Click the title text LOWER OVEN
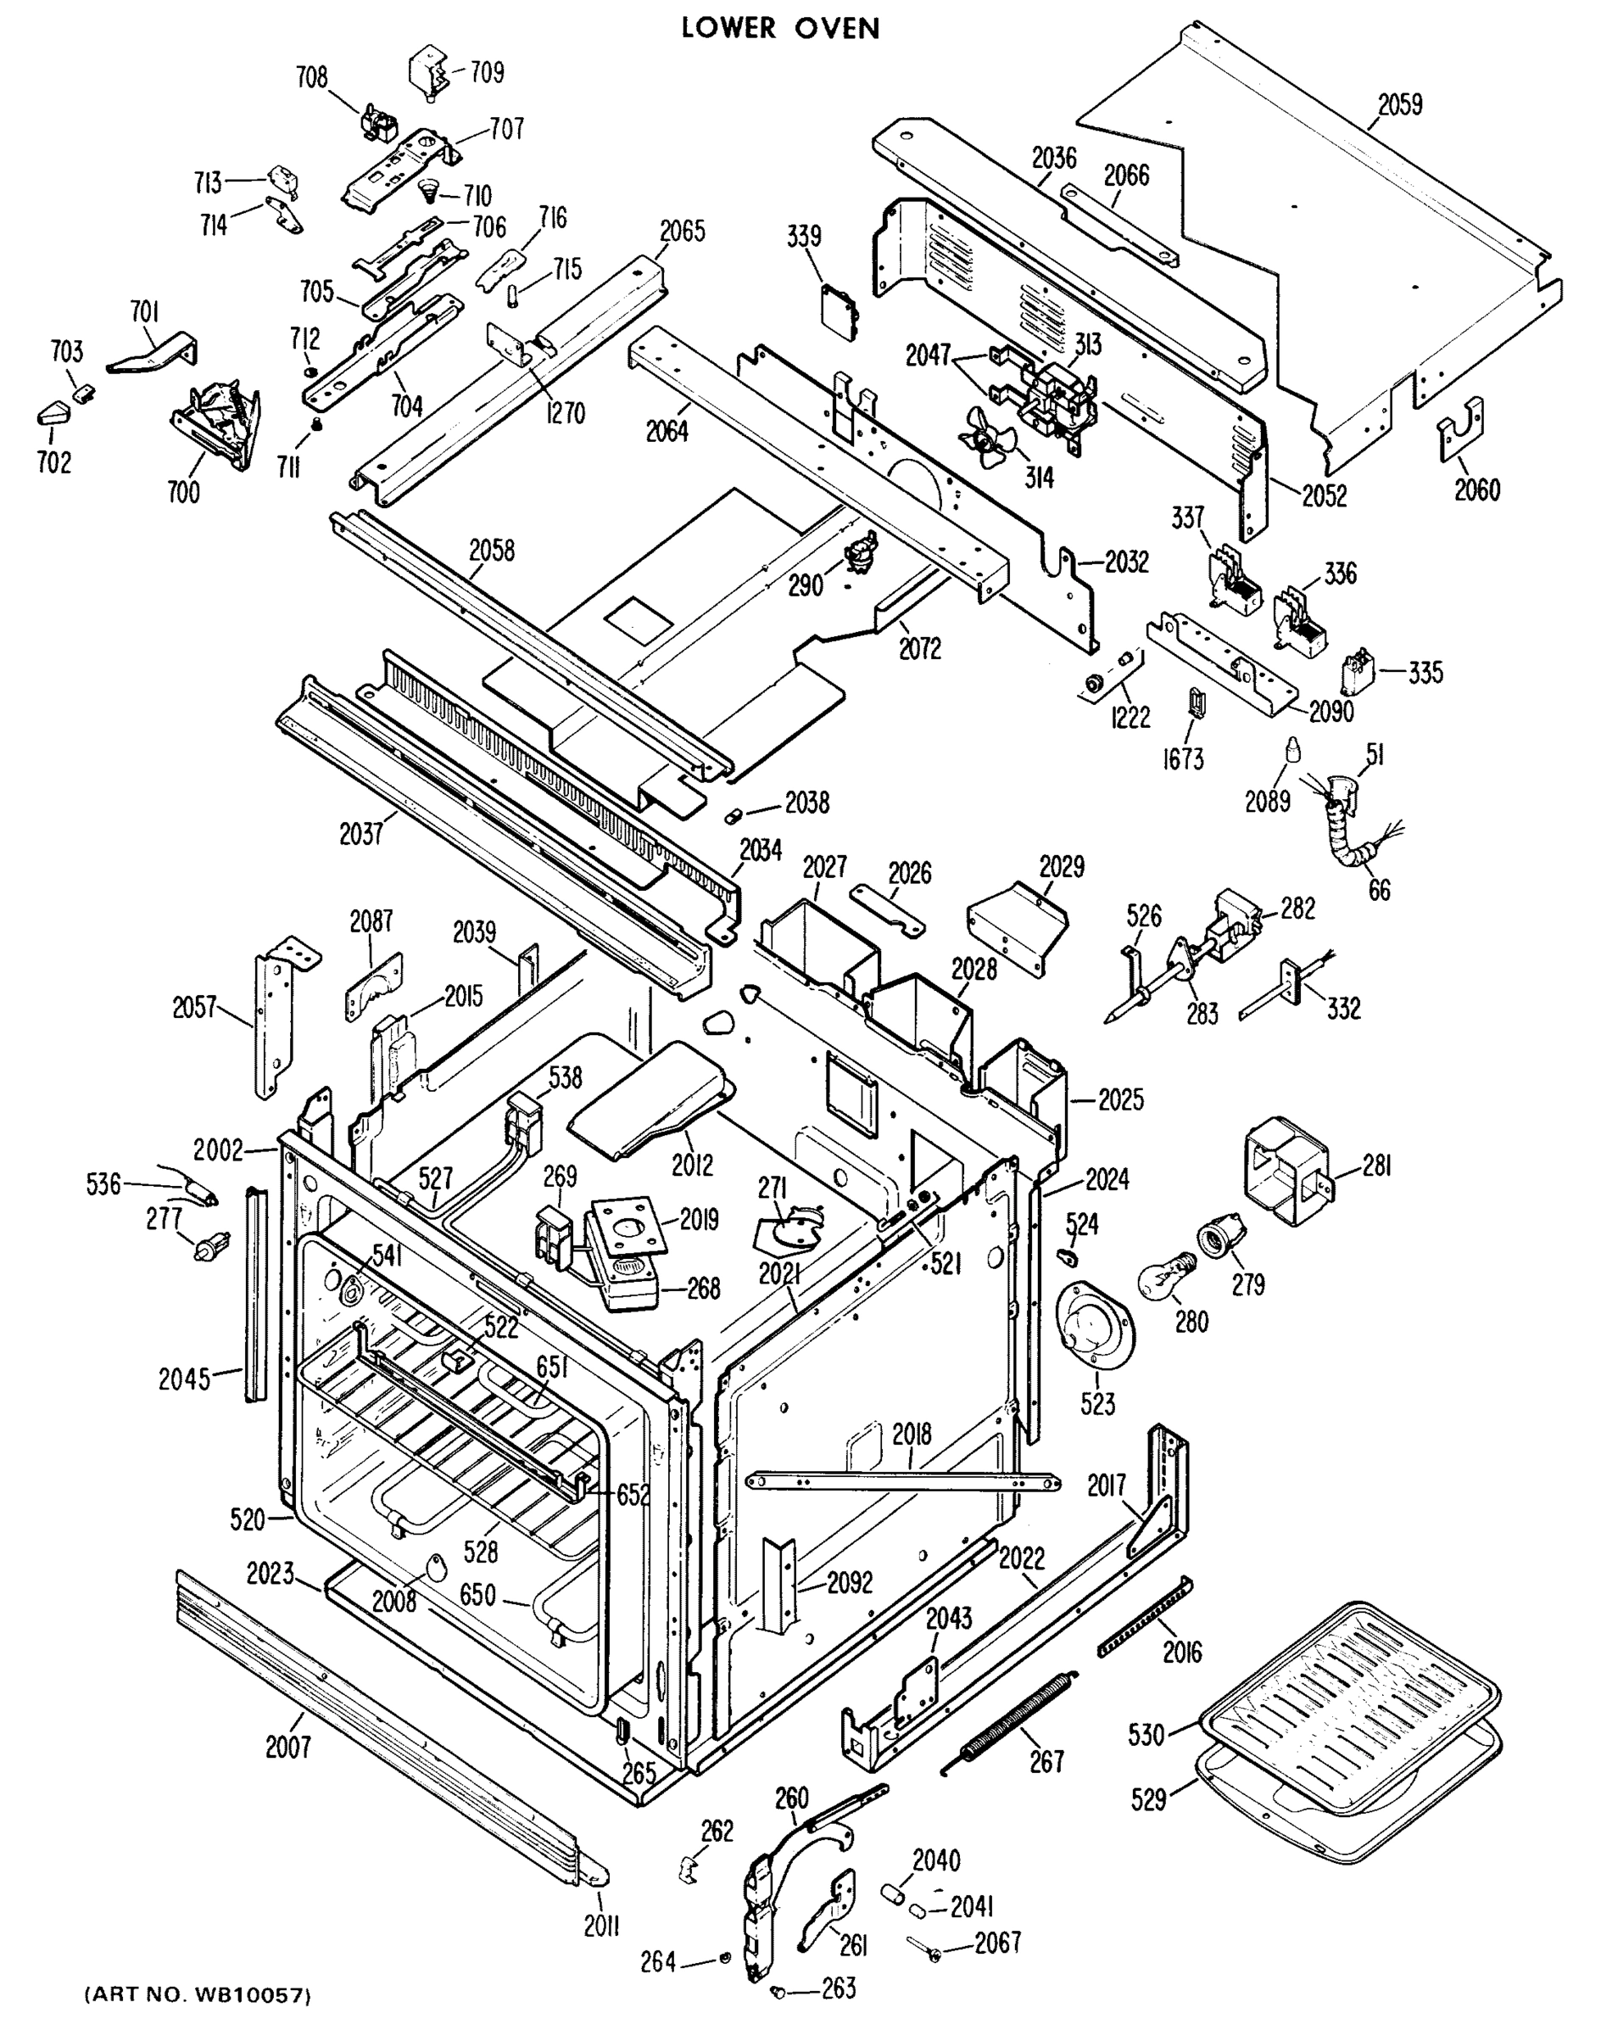780,28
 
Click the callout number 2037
361,833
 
